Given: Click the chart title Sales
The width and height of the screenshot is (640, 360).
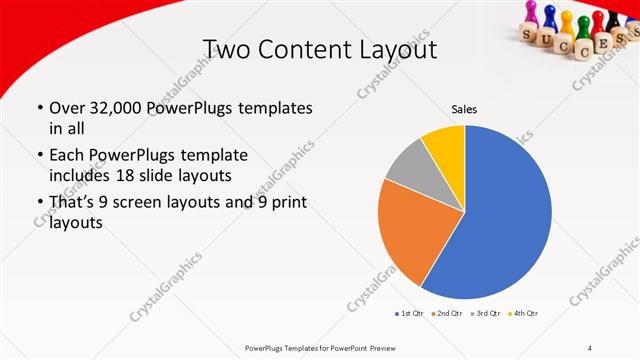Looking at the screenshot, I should (x=464, y=109).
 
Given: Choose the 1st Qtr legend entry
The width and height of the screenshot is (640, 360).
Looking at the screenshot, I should (x=410, y=313).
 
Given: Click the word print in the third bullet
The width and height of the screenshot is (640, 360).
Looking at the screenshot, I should (x=285, y=204).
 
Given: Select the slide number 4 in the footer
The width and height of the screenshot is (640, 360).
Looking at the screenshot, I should (x=590, y=347).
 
